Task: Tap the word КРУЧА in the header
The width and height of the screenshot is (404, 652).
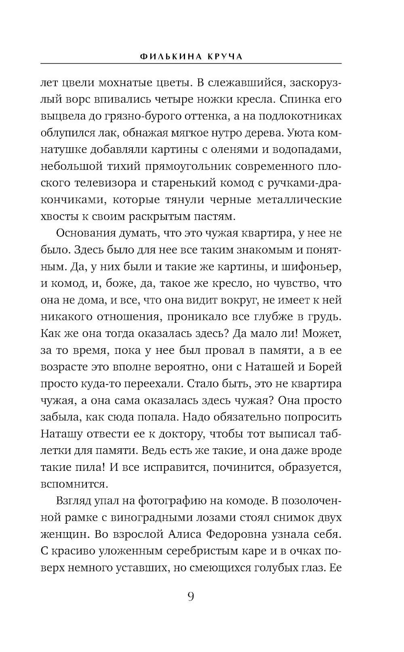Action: point(225,56)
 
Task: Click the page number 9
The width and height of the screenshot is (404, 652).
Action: point(191,596)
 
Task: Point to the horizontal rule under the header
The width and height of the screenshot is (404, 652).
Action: point(191,63)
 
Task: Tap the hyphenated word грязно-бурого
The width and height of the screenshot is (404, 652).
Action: point(144,116)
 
